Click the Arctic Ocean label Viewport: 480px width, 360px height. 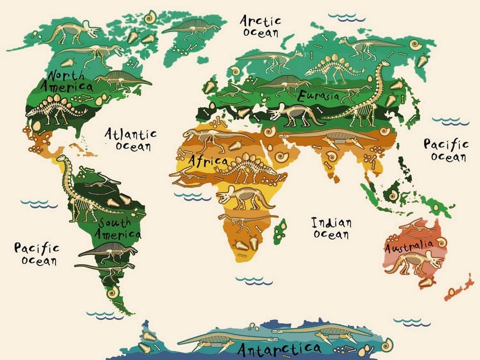260,26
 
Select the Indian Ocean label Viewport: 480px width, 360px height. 331,228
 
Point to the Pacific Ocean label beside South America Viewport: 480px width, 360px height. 36,254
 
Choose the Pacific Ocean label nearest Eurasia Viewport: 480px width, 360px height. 446,150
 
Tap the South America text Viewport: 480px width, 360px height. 119,228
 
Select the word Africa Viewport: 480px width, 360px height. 207,161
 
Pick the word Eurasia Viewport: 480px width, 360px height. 318,95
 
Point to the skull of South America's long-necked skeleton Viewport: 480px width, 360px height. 61,159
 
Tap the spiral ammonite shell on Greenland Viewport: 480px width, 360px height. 149,18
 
